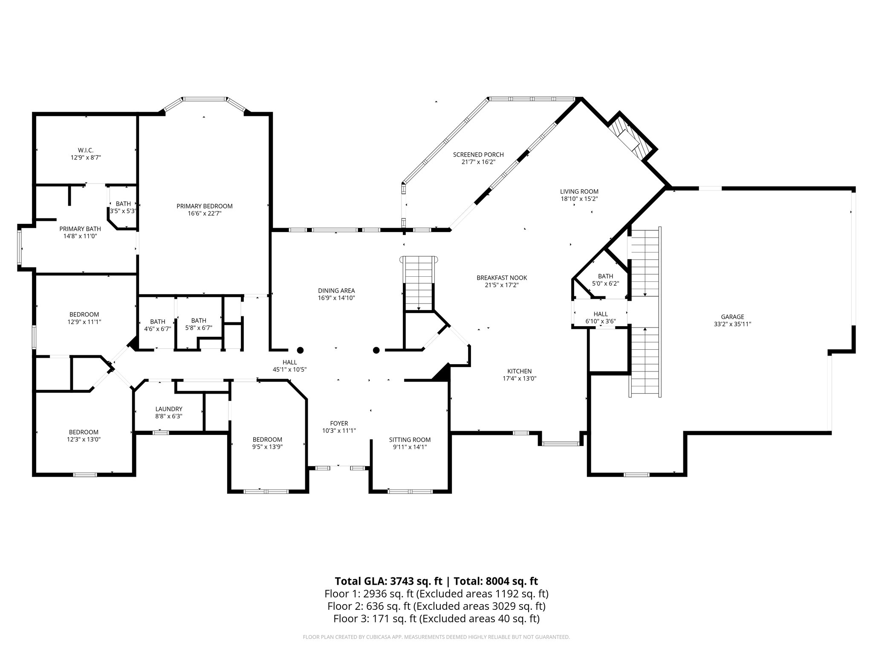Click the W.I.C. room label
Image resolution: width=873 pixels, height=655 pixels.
tap(86, 150)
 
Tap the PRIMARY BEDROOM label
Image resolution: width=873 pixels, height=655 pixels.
tap(205, 206)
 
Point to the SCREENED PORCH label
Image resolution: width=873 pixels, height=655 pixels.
tap(478, 155)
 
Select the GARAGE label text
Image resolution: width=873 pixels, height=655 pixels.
tap(732, 317)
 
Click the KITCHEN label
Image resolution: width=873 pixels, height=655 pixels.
tap(519, 371)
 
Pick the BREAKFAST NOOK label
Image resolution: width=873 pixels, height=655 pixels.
tap(502, 278)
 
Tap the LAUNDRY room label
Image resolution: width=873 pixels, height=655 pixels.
tap(169, 409)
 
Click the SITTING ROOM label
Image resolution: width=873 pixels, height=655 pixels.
tap(410, 440)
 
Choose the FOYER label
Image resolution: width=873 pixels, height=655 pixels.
tap(339, 423)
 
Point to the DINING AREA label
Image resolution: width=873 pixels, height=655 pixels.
tap(336, 291)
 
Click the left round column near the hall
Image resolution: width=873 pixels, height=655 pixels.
tap(300, 350)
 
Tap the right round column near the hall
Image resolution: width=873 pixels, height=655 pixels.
tap(376, 350)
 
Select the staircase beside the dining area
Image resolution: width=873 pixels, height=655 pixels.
tap(419, 283)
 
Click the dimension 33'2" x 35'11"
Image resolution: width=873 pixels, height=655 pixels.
tap(732, 324)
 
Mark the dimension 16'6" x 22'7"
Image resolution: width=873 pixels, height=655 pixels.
tap(205, 214)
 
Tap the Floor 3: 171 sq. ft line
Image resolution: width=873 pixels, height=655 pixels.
tap(436, 618)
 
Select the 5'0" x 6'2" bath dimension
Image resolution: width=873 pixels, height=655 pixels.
tap(605, 283)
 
